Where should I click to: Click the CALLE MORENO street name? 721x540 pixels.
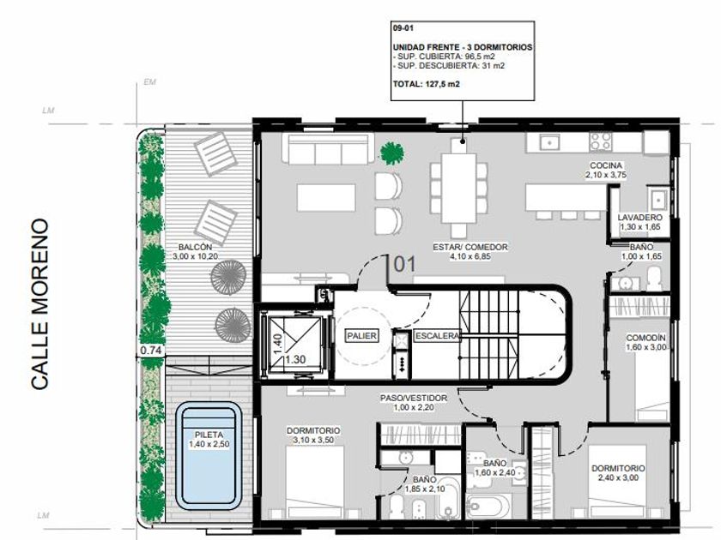coord(39,304)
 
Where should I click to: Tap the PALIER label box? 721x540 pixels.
coord(362,336)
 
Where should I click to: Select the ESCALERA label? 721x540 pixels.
coord(437,336)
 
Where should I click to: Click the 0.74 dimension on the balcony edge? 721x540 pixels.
coord(151,351)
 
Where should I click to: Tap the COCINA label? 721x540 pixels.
coord(606,165)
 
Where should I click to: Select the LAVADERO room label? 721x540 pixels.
coord(639,217)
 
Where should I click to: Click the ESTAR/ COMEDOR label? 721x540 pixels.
coord(470,247)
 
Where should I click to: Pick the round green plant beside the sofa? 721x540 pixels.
coord(391,153)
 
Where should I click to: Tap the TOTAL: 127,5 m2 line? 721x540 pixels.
coord(427,84)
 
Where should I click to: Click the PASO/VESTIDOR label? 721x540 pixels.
coord(414,398)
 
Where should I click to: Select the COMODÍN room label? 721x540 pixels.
coord(645,338)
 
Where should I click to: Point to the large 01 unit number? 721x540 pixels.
coord(404,264)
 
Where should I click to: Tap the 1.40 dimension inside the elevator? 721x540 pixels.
coord(277,343)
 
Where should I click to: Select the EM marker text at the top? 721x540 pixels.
coord(150,81)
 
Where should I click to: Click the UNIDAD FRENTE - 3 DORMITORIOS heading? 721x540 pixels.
coord(463,47)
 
